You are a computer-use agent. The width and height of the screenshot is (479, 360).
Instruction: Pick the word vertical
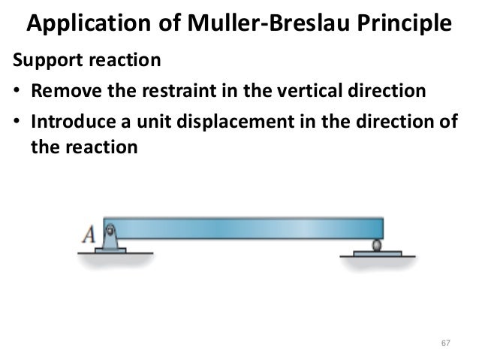[x=299, y=92]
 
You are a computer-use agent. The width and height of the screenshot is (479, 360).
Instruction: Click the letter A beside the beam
[x=89, y=235]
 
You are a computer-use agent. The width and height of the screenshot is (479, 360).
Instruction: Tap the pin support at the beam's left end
[x=111, y=239]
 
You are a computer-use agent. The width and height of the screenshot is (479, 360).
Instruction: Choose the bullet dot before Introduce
[x=16, y=122]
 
